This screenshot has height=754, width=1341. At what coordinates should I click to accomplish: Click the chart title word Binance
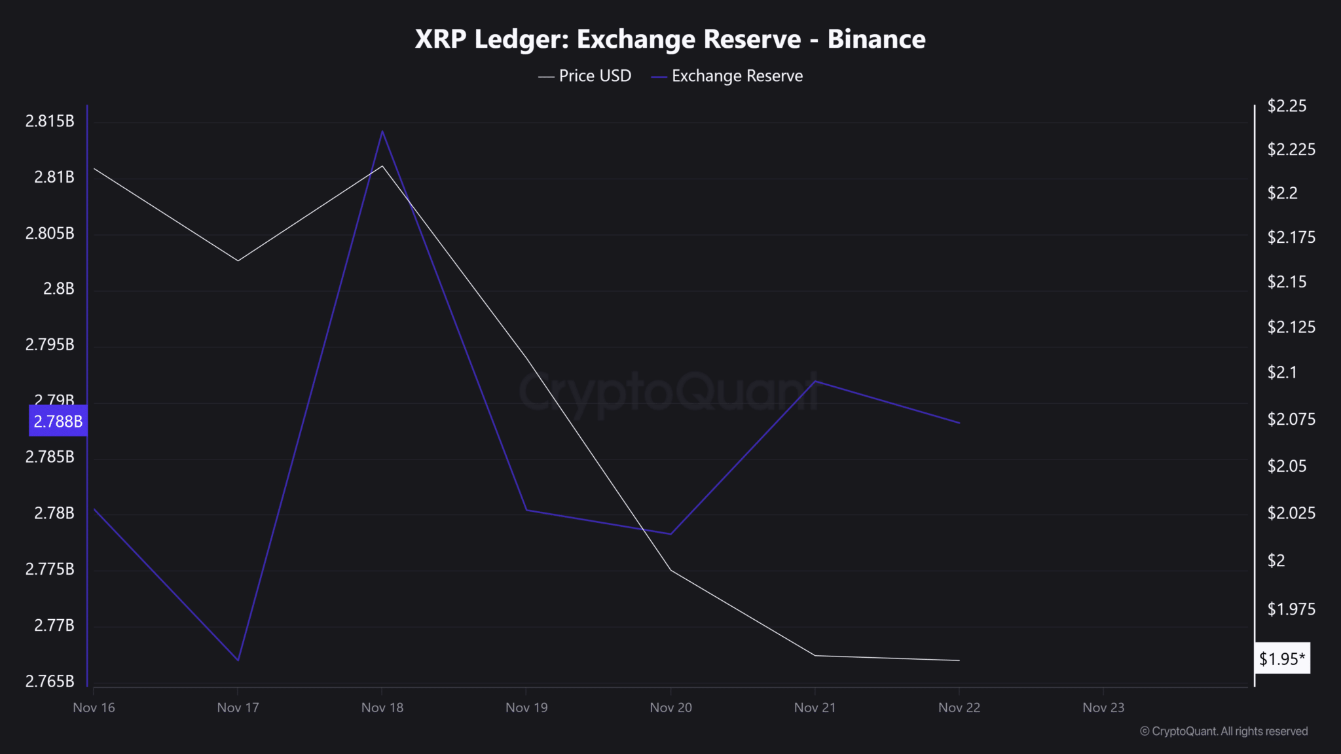(876, 39)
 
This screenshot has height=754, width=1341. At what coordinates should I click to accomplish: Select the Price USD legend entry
(584, 76)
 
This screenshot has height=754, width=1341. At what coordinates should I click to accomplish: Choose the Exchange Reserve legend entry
(727, 76)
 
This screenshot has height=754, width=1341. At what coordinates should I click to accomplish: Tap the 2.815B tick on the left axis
(50, 121)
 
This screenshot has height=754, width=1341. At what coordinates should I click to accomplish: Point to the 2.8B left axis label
(59, 289)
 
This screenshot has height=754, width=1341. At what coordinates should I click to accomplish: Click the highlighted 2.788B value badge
(58, 421)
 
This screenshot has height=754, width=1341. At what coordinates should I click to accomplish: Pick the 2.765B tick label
(50, 681)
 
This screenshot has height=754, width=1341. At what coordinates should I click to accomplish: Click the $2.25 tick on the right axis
(1287, 106)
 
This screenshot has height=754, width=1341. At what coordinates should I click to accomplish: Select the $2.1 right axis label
(1282, 372)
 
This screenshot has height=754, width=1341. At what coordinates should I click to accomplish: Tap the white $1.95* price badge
(1282, 658)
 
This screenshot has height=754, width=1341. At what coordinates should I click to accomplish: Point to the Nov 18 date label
(382, 708)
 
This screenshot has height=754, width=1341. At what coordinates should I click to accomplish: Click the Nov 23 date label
(1103, 708)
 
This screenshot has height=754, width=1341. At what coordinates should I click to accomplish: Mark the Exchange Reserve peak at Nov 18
(382, 131)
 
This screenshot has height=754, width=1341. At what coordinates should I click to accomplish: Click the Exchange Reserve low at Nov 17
(238, 660)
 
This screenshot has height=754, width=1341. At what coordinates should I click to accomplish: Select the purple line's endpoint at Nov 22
(959, 423)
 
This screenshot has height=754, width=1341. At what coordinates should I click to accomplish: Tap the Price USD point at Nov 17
(238, 260)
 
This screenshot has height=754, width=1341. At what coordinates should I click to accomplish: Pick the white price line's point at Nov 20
(671, 570)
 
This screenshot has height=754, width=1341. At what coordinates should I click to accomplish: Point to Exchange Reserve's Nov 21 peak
(815, 381)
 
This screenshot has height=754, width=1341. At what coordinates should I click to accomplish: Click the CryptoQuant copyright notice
(1224, 731)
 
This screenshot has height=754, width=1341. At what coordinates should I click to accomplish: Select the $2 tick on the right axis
(1276, 561)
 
